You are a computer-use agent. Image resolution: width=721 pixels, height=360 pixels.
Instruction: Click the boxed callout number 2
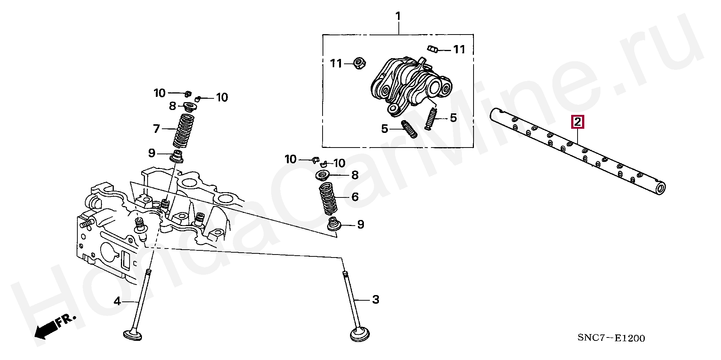point(577,122)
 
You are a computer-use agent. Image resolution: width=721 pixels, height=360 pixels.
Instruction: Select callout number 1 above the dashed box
point(398,17)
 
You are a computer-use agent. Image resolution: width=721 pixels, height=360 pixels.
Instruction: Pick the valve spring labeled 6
point(328,198)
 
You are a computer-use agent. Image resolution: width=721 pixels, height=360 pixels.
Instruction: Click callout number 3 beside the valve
point(376,300)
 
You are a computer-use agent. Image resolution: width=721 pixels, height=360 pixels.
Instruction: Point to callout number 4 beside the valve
point(118,301)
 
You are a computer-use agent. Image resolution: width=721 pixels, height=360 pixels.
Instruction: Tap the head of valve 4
point(133,334)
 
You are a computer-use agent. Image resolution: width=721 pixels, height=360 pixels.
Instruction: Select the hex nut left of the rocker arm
point(359,63)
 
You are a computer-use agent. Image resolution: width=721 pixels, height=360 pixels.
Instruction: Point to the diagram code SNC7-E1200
point(611,338)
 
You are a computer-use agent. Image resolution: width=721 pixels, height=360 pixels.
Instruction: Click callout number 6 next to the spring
point(354,197)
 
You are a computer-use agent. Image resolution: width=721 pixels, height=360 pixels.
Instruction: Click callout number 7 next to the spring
point(156,129)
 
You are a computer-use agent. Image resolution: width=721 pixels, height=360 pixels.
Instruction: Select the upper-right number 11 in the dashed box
point(459,49)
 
